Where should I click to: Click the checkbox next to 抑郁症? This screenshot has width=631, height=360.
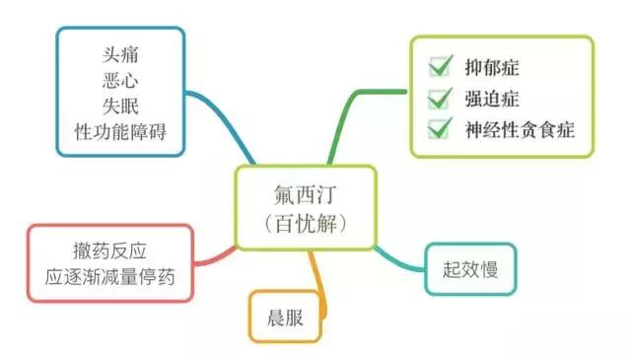click(x=439, y=68)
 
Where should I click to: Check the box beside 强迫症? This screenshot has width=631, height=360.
click(x=439, y=99)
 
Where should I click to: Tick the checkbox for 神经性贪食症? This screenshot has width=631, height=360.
click(x=439, y=129)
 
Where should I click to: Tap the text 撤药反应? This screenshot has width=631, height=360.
click(x=116, y=250)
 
